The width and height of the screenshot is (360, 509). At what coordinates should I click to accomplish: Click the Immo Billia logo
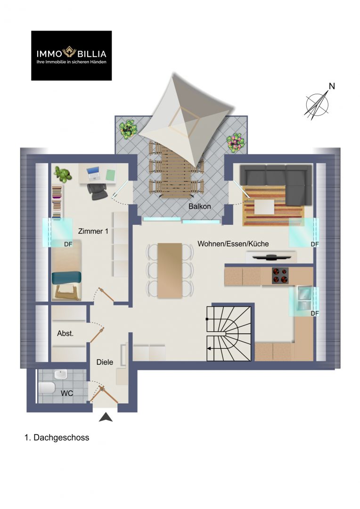72,56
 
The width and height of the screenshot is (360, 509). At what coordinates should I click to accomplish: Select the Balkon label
200,206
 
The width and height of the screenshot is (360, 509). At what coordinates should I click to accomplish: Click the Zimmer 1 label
93,231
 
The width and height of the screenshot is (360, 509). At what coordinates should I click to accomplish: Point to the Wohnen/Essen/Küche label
233,244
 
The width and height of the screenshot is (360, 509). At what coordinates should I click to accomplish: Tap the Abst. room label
65,333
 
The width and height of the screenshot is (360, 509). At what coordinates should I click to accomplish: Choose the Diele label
105,362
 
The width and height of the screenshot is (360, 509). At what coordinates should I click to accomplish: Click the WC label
67,393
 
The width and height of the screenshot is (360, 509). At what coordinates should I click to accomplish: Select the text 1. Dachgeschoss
57,437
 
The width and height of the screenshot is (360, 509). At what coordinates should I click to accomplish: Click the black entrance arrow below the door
106,417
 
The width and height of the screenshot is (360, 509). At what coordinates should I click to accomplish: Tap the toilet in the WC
47,387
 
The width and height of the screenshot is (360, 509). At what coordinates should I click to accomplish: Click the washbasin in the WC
61,374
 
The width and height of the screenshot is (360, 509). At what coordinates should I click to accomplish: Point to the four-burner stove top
280,276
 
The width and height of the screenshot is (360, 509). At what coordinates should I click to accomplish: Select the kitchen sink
304,298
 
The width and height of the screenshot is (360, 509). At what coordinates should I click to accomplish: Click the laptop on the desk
93,173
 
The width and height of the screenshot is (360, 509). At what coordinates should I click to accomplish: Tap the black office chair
98,191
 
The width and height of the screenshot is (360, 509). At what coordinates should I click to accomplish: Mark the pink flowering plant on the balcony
235,142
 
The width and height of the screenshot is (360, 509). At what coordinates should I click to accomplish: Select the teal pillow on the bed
66,277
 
